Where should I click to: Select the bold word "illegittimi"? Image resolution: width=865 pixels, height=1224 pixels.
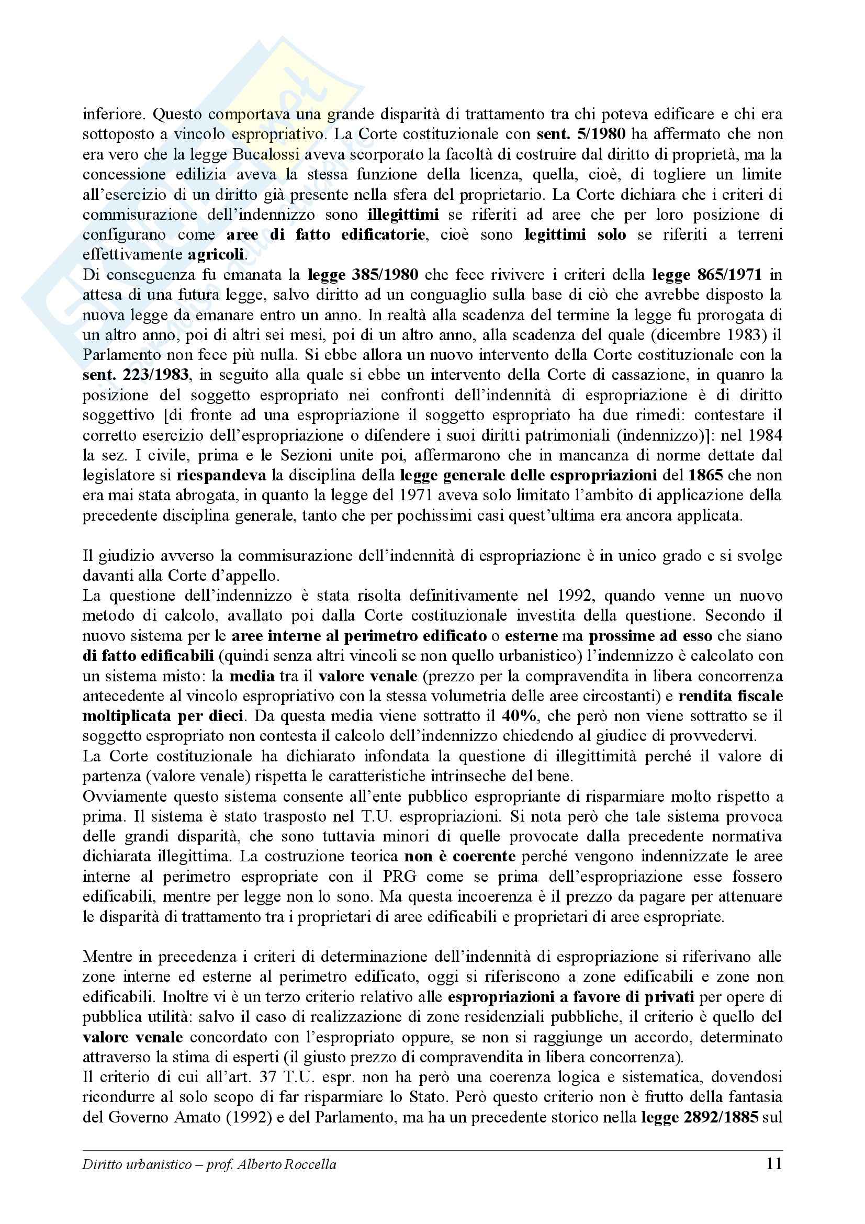point(403,215)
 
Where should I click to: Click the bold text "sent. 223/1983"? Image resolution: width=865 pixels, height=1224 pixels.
point(136,375)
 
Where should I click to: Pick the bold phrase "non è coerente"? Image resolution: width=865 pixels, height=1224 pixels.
point(460,856)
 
